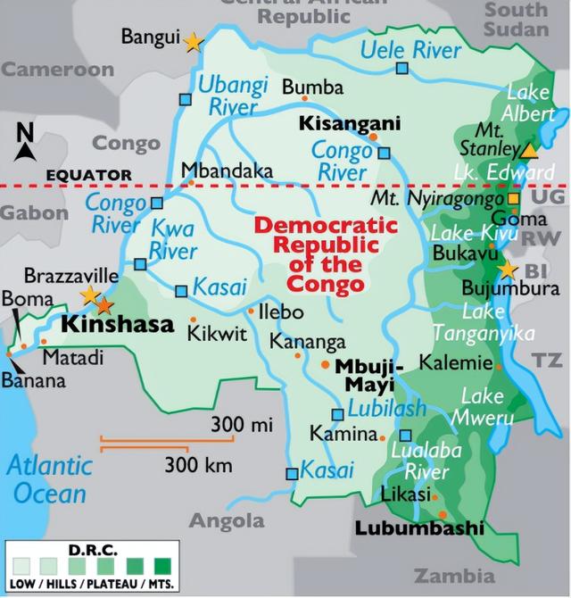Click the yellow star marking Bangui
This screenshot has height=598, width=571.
(x=193, y=41)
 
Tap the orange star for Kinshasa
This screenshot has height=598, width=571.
(x=105, y=305)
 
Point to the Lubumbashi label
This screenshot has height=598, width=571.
(x=419, y=528)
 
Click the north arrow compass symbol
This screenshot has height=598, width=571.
(x=24, y=143)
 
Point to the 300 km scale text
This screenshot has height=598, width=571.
(x=198, y=465)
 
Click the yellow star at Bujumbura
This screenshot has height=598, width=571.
(x=508, y=270)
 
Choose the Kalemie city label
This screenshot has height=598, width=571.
(x=455, y=363)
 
